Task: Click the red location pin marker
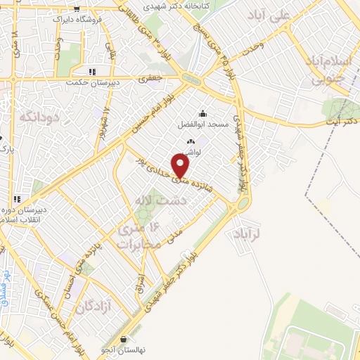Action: (x=181, y=166)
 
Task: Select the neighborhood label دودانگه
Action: (x=37, y=116)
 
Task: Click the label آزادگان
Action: (x=95, y=307)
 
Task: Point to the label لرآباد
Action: (x=247, y=232)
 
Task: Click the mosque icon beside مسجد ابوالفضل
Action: (x=203, y=114)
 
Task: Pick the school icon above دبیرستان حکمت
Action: (x=91, y=72)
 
